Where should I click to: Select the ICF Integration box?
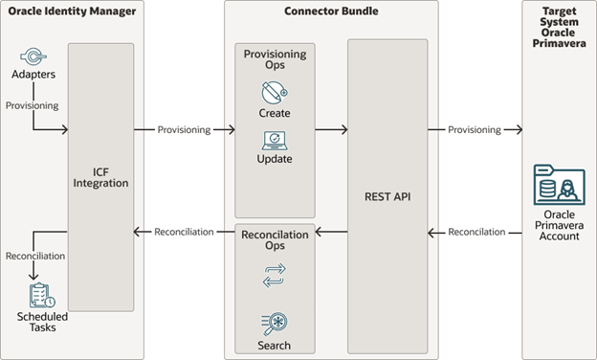point(100,176)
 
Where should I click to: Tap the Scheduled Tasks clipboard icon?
point(41,295)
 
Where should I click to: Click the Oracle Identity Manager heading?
point(73,11)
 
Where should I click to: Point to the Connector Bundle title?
point(331,11)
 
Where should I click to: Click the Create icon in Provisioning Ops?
point(275,93)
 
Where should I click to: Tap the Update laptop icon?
point(275,140)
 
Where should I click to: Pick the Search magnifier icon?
point(275,324)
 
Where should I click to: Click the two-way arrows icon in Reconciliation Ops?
point(275,277)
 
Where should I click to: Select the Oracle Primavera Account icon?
point(559,185)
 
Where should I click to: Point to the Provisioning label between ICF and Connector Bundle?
point(185,129)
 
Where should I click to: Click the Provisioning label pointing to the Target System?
point(474,129)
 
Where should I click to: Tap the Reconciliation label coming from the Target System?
point(475,232)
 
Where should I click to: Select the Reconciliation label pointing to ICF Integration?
point(185,232)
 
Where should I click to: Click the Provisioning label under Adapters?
point(32,105)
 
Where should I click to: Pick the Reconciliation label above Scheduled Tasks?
point(35,256)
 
